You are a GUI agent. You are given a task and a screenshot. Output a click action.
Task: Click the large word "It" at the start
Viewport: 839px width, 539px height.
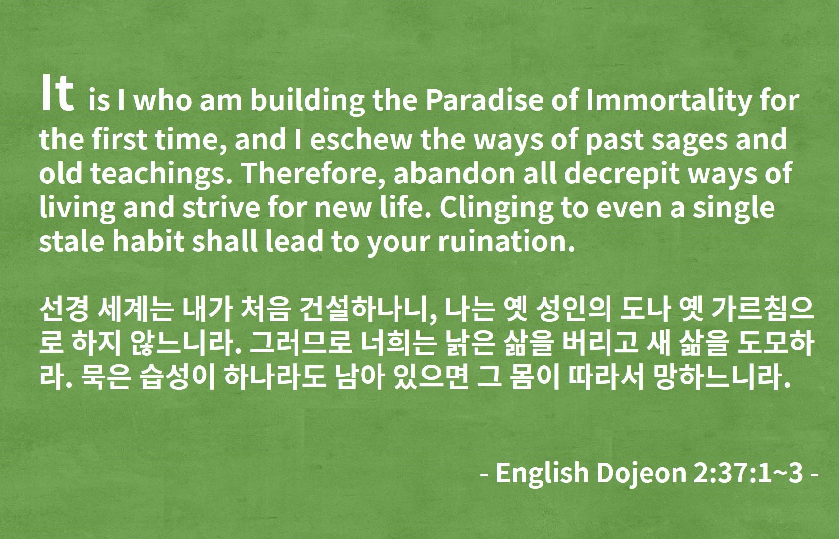pos(57,94)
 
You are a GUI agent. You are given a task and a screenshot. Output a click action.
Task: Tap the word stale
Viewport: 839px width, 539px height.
pos(72,242)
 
